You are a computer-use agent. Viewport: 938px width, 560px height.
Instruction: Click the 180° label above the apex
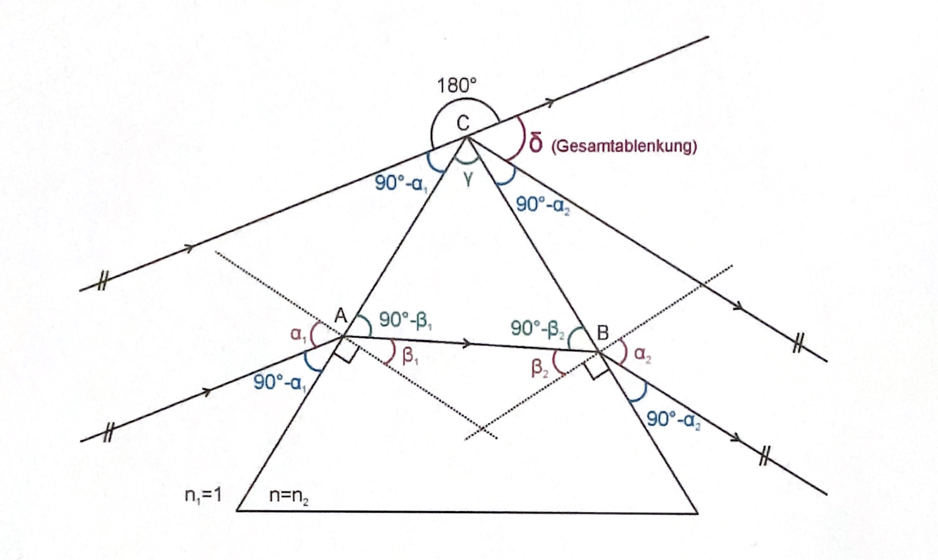457,86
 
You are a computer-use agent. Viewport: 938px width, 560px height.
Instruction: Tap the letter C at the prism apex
463,123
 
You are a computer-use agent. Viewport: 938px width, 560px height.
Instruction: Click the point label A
341,316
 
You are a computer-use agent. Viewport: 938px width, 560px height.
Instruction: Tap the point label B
603,333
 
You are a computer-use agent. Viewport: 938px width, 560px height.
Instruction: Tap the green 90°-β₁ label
406,320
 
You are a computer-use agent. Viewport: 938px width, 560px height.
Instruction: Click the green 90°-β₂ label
537,329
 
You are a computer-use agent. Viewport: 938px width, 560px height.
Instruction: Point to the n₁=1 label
203,495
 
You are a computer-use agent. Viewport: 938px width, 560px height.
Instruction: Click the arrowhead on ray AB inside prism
468,343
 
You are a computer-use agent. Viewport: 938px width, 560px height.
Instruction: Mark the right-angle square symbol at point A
345,351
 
